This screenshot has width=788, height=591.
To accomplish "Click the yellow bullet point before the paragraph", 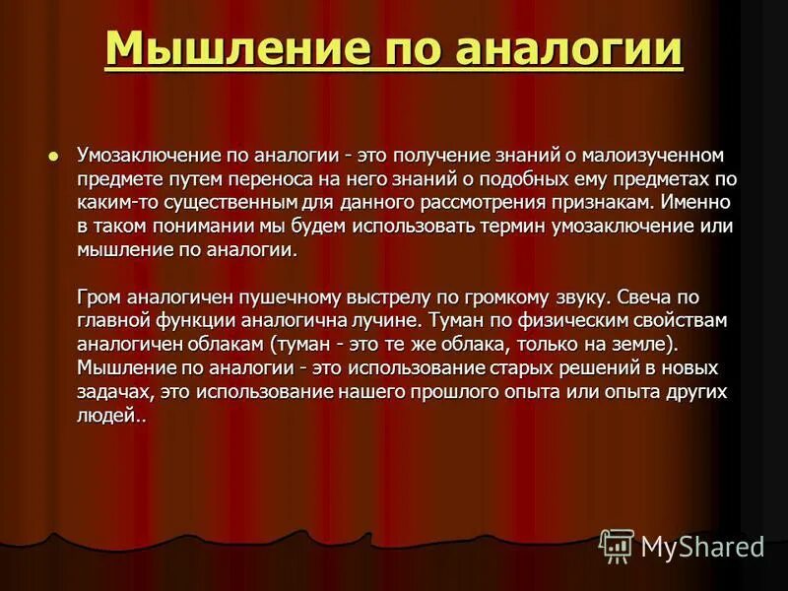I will coord(54,155).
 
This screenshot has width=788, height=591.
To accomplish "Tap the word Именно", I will coord(696,202).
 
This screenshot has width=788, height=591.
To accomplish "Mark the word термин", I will coord(492,226).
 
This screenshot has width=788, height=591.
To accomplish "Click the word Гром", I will coord(97,295).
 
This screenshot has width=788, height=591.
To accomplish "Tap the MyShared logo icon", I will coord(617,544).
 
